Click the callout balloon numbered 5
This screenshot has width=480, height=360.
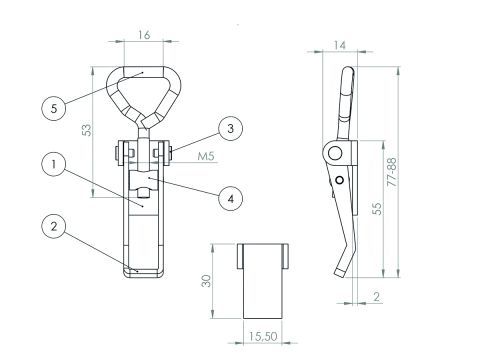[x=54, y=108]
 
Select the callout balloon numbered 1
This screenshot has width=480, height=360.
[x=54, y=164]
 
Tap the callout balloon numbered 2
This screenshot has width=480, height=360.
[x=54, y=226]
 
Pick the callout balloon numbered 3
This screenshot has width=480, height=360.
[x=230, y=128]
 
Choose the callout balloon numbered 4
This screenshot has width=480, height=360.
[x=230, y=199]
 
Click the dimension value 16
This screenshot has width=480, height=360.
[x=144, y=35]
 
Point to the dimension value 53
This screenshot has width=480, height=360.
[x=86, y=130]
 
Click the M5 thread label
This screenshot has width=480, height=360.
[x=206, y=156]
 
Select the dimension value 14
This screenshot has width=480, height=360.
[x=339, y=45]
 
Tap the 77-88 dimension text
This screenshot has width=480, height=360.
[x=392, y=172]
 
